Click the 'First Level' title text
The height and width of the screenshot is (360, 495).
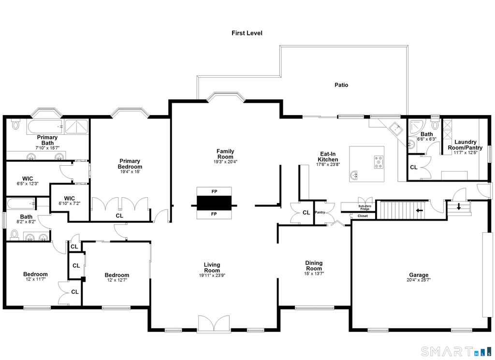tap(247, 33)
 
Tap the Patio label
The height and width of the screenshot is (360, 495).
tap(341, 85)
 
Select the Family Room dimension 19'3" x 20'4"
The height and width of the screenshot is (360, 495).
tap(225, 162)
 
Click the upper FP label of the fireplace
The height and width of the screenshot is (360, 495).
tap(214, 191)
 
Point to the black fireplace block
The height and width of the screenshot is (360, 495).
tap(214, 202)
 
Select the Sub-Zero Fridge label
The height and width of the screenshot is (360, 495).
tap(364, 207)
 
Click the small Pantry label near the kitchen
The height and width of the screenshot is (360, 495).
tap(320, 212)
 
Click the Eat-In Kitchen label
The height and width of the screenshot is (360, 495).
tap(327, 157)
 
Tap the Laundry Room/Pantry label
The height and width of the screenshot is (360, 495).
tap(466, 145)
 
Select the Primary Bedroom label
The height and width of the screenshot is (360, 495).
tap(130, 164)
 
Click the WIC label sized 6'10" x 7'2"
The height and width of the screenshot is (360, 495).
tap(69, 198)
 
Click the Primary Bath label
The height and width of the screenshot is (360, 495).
tap(46, 140)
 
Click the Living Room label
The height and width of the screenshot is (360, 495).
tap(212, 267)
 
